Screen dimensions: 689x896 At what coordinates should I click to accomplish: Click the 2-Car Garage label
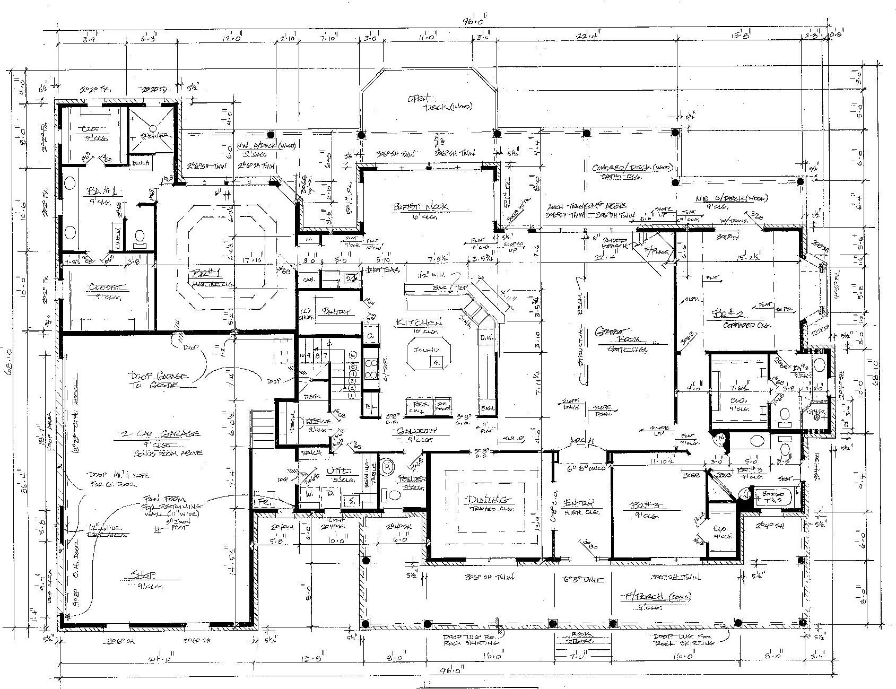point(159,433)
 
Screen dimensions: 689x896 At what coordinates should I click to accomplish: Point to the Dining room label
point(489,500)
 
